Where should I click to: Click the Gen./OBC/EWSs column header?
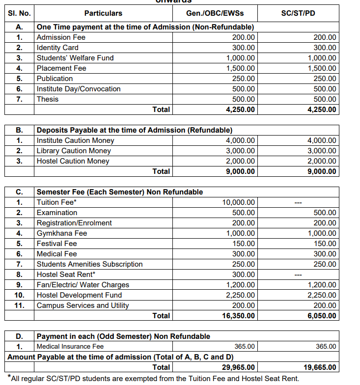point(215,13)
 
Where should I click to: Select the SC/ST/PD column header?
point(298,13)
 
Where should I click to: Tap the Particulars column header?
point(103,13)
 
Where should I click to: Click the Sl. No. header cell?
point(19,13)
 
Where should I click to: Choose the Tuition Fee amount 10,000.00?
point(238,202)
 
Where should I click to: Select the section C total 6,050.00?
point(322,316)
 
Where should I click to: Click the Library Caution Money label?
point(74,151)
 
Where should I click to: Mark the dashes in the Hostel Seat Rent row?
point(297,275)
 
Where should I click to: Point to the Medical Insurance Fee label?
point(70,347)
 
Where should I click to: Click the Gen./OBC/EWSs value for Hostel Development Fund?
point(240,295)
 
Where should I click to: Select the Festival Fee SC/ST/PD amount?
point(325,244)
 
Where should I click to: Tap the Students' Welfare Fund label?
point(75,58)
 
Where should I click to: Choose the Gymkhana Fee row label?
point(62,233)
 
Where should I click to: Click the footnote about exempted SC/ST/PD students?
point(153,378)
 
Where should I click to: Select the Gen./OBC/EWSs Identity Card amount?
point(244,48)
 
